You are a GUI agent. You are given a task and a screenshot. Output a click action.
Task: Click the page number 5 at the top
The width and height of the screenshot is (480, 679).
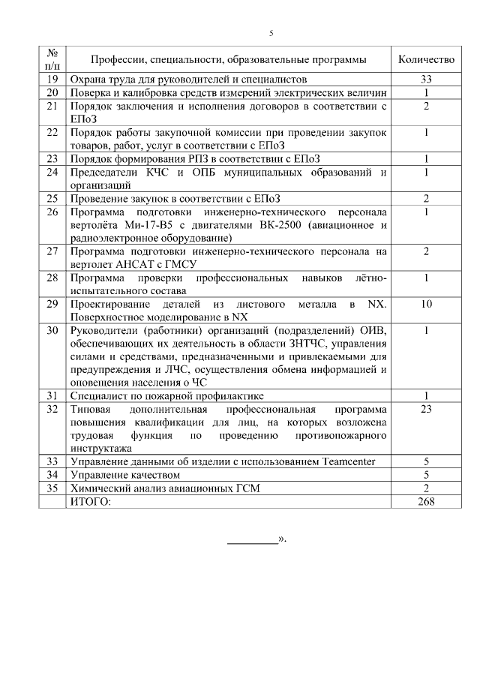coord(271,33)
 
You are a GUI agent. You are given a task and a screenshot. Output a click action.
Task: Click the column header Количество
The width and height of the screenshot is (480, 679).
coord(425,59)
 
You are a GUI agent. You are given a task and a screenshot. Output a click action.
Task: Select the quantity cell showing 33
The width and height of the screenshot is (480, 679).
coord(425,79)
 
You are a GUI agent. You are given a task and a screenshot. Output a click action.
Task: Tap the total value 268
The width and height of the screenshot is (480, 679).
coord(425,502)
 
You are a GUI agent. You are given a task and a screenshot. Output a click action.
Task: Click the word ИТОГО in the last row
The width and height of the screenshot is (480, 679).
coord(89,502)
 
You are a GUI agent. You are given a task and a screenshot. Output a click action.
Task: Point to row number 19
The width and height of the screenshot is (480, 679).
coord(52,79)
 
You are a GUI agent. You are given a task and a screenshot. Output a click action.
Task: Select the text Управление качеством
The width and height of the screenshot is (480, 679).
coord(124,475)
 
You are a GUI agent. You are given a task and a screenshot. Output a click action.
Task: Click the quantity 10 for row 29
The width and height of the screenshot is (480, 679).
coord(425,304)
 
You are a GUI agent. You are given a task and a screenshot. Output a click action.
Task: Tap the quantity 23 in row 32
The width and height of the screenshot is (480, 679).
coord(425,409)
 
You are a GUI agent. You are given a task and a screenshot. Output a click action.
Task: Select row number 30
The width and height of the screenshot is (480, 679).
coord(52,331)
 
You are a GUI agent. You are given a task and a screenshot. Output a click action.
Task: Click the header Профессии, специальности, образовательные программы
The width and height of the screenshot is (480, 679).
coord(229,59)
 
